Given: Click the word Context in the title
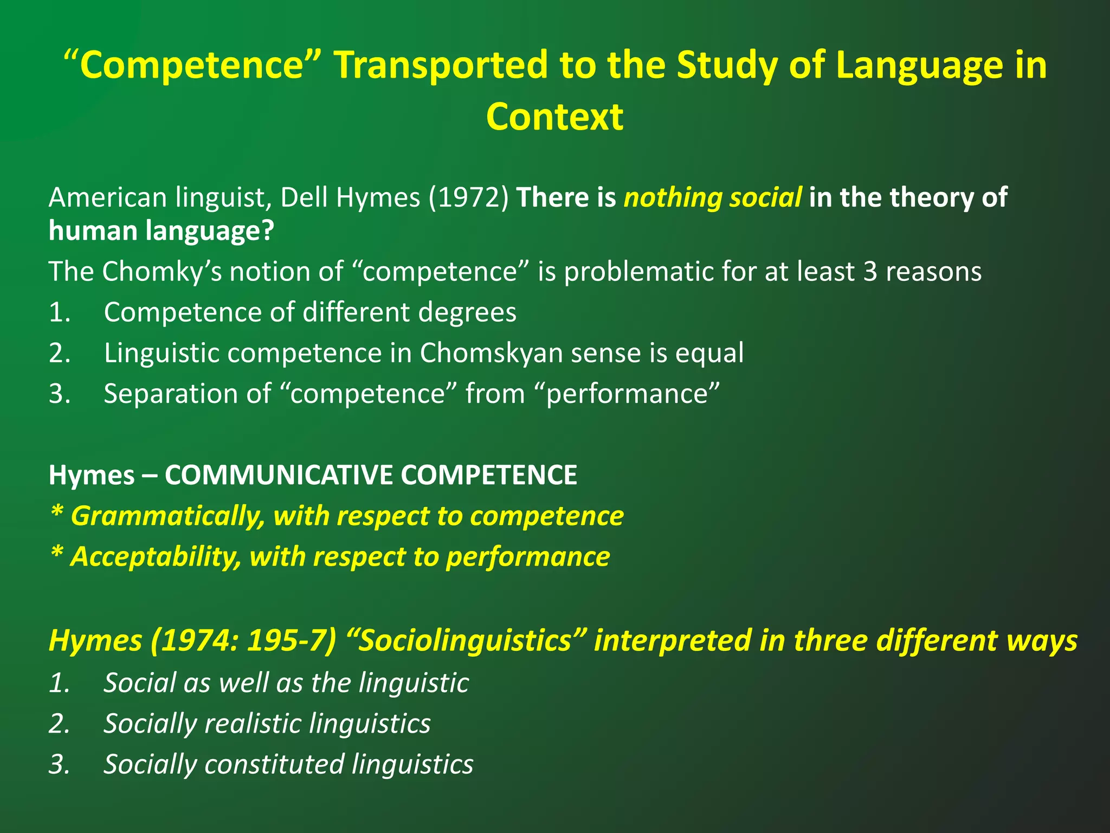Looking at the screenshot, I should (554, 117).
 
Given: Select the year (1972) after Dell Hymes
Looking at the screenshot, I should (469, 197).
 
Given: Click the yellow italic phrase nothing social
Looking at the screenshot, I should (712, 197).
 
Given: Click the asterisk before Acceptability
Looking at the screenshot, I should (56, 554).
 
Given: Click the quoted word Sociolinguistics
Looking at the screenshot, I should (465, 640).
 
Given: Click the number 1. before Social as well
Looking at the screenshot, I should (60, 683).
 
